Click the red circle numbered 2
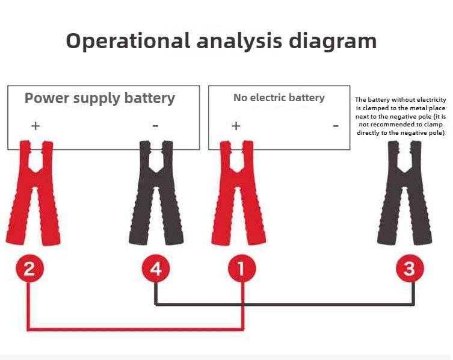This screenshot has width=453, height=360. pyautogui.click(x=29, y=269)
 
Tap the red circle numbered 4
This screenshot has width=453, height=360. pyautogui.click(x=156, y=269)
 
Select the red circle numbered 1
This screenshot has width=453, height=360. pyautogui.click(x=242, y=269)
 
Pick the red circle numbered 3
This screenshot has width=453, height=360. pyautogui.click(x=410, y=268)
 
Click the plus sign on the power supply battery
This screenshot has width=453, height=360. pyautogui.click(x=35, y=126)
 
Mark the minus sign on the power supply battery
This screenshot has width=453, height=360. pyautogui.click(x=155, y=126)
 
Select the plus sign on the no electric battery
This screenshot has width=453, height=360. pyautogui.click(x=236, y=126)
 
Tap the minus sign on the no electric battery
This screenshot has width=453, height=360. pyautogui.click(x=335, y=126)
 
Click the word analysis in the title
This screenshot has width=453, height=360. pyautogui.click(x=240, y=41)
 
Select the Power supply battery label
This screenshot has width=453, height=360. pyautogui.click(x=100, y=98)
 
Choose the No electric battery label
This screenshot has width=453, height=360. pyautogui.click(x=279, y=98)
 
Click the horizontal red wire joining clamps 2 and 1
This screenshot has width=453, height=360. pyautogui.click(x=135, y=329)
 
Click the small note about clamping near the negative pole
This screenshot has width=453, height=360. pyautogui.click(x=400, y=116)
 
